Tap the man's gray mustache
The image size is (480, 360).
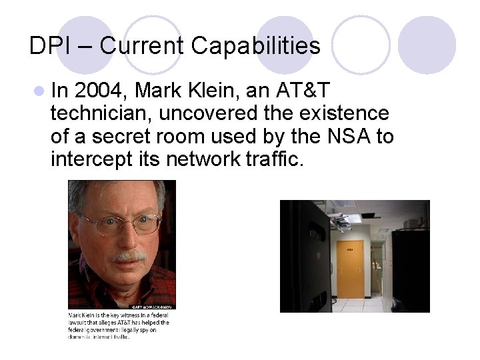[x=128, y=256]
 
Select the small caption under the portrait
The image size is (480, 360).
[x=119, y=325]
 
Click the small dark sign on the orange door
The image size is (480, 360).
[x=350, y=249]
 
